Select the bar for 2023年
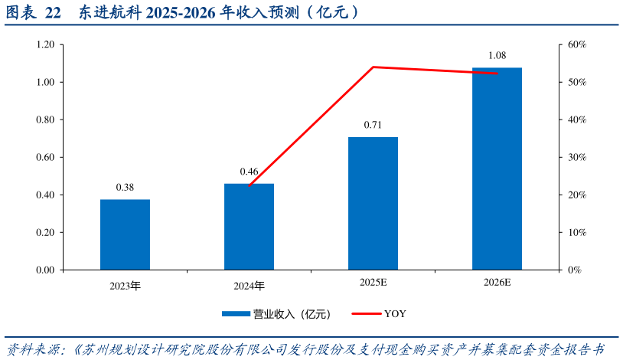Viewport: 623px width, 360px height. [125, 234]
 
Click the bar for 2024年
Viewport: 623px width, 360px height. [249, 227]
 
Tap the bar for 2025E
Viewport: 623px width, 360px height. [373, 203]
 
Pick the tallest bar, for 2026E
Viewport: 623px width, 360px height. [497, 169]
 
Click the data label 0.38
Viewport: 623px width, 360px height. [125, 188]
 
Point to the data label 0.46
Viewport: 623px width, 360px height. [249, 172]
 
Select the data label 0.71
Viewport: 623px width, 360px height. [373, 125]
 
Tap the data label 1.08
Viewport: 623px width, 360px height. [497, 55]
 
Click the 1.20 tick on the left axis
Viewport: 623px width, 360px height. [44, 45]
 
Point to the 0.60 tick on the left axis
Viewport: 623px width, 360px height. [44, 158]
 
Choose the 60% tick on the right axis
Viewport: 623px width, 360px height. [576, 45]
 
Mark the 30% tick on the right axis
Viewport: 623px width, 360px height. [576, 158]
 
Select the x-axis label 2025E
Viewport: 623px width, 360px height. [373, 283]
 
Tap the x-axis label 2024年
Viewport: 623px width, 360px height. [249, 286]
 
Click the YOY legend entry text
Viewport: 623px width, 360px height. [395, 313]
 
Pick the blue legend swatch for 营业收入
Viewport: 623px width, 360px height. [236, 313]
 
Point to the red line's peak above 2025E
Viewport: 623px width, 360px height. [373, 67]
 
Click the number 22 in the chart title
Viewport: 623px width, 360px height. [53, 13]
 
